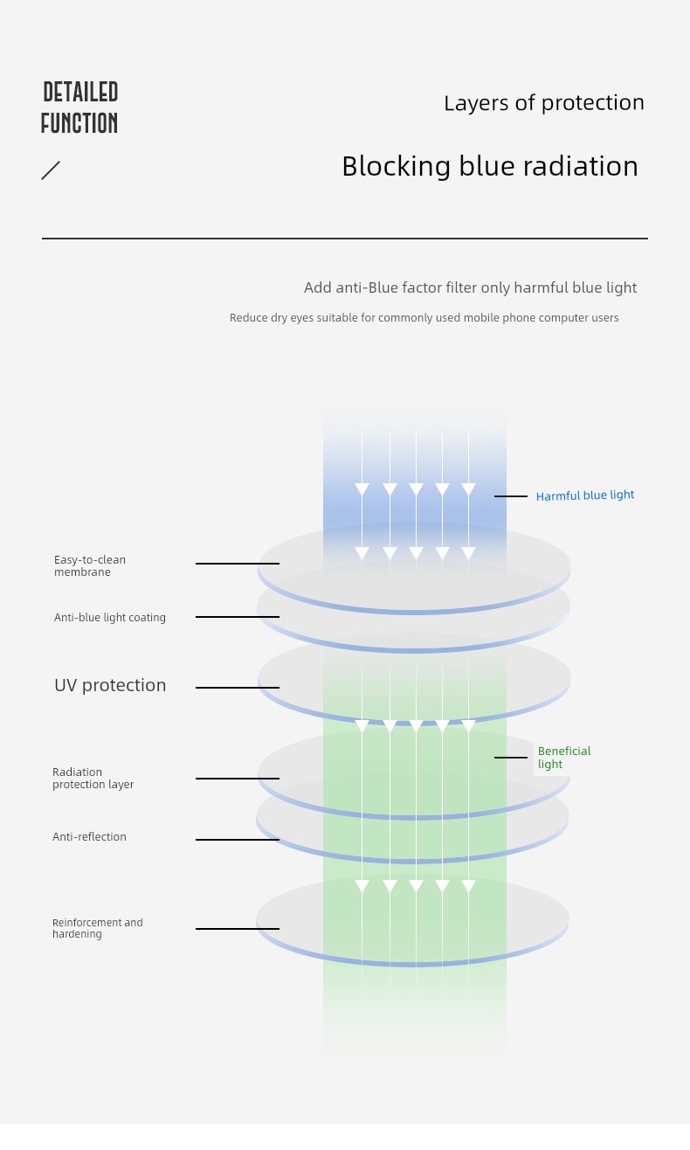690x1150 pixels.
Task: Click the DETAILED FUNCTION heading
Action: click(x=79, y=108)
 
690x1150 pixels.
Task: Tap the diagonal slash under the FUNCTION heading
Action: click(x=51, y=170)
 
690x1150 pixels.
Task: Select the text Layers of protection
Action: click(x=543, y=103)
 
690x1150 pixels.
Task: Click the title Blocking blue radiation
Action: click(x=489, y=166)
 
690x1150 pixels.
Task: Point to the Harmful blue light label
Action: click(x=585, y=495)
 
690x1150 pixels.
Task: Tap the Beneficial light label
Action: click(x=563, y=758)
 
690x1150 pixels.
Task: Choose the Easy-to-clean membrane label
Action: click(x=90, y=565)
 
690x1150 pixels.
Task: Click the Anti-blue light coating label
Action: click(x=110, y=618)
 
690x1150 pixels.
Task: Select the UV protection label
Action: click(x=110, y=686)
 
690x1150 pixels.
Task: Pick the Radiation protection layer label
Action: click(x=93, y=779)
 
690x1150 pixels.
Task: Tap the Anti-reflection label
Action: click(x=89, y=837)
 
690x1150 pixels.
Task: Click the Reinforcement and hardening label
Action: click(x=97, y=928)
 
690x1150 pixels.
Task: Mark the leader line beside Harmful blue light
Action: click(x=511, y=496)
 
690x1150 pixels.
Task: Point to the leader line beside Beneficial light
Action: click(x=511, y=758)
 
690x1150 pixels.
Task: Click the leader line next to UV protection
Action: click(x=238, y=688)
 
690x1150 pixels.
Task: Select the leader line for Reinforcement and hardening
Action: click(x=238, y=929)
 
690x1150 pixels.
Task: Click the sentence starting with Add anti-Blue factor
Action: click(x=470, y=288)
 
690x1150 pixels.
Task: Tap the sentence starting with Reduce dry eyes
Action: click(x=424, y=318)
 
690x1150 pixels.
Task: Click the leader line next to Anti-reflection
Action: click(x=238, y=840)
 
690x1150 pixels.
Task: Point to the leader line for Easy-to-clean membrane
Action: click(x=238, y=564)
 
